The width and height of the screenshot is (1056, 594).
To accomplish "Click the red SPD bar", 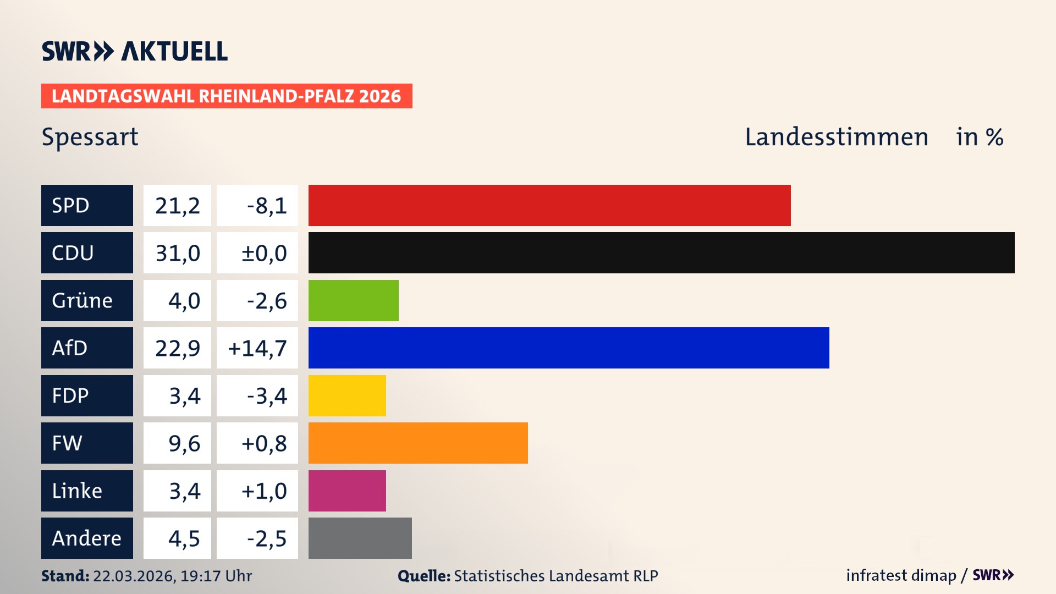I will point(549,205).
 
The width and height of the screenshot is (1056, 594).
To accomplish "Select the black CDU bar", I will point(661,252).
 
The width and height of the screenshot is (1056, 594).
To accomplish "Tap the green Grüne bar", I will point(353,300).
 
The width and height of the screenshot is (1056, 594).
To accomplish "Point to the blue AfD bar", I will point(568,348).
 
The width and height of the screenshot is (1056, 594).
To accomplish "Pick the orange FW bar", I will point(418,443).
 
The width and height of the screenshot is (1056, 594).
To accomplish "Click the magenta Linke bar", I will point(347,491).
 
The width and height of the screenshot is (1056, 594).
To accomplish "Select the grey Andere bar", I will point(360,538).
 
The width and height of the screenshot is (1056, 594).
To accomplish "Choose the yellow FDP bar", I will point(347,395).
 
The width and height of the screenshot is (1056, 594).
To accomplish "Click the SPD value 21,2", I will point(177,206).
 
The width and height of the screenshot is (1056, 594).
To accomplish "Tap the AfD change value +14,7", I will point(257,348).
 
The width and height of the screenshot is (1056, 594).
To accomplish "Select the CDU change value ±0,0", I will point(264,253).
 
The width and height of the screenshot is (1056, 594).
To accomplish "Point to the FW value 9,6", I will point(184,443).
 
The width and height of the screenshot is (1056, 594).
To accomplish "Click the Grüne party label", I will point(82,300).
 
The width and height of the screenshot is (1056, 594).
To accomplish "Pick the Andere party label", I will point(86,538).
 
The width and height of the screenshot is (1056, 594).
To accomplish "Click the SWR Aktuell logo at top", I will point(134,51).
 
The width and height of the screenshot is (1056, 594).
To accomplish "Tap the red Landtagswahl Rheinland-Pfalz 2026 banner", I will point(226,96).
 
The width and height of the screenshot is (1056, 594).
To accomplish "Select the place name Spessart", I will point(90,137).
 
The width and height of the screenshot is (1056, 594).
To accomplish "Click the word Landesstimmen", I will point(836,137).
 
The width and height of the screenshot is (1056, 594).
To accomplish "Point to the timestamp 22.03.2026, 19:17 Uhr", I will point(172,576).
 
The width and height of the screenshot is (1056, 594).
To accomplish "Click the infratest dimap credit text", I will point(900,575).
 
